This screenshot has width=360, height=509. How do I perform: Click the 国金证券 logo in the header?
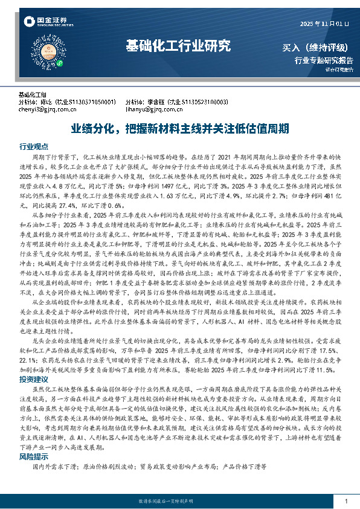(45, 23)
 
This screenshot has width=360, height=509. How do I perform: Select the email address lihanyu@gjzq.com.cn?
(153, 109)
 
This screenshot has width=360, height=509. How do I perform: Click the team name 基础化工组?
(33, 95)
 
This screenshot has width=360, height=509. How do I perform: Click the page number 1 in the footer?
(346, 502)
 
